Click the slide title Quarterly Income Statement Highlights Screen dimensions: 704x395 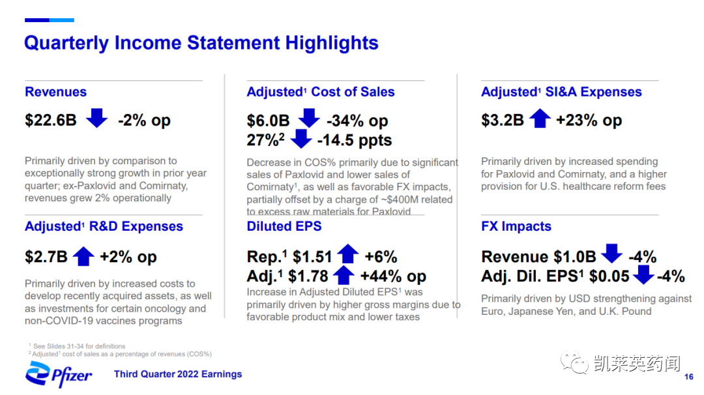201,44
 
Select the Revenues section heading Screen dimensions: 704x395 55,91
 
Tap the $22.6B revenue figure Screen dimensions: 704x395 51,121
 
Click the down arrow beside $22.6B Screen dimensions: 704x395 96,118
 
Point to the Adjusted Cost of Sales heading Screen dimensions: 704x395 321,91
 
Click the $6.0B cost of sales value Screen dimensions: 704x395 268,121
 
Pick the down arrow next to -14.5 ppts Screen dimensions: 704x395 301,139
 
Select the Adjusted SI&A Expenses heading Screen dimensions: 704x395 561,91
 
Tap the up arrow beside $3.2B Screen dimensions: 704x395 540,118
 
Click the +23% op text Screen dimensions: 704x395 589,121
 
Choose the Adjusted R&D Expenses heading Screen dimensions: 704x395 104,226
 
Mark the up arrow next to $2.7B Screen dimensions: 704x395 83,256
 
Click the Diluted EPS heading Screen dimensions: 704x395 284,226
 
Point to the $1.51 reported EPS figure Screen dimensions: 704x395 312,257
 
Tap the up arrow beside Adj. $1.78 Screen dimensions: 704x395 344,274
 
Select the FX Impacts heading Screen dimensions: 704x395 516,226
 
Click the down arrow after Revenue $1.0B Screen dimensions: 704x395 612,254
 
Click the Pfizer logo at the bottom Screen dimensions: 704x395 59,374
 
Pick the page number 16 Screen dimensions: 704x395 689,377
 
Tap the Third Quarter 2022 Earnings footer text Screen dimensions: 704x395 178,374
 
